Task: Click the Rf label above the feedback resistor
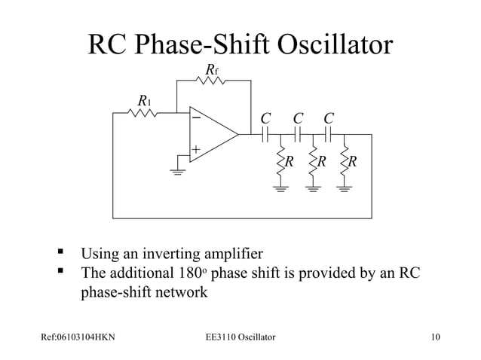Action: [x=212, y=71]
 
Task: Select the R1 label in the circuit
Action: [x=142, y=101]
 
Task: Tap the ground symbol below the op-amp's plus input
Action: [x=178, y=171]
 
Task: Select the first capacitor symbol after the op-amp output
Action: [x=265, y=135]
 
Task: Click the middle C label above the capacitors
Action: [x=297, y=118]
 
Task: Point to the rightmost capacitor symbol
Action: [x=329, y=135]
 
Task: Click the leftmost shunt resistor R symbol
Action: [x=280, y=163]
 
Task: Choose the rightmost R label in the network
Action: [x=354, y=161]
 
